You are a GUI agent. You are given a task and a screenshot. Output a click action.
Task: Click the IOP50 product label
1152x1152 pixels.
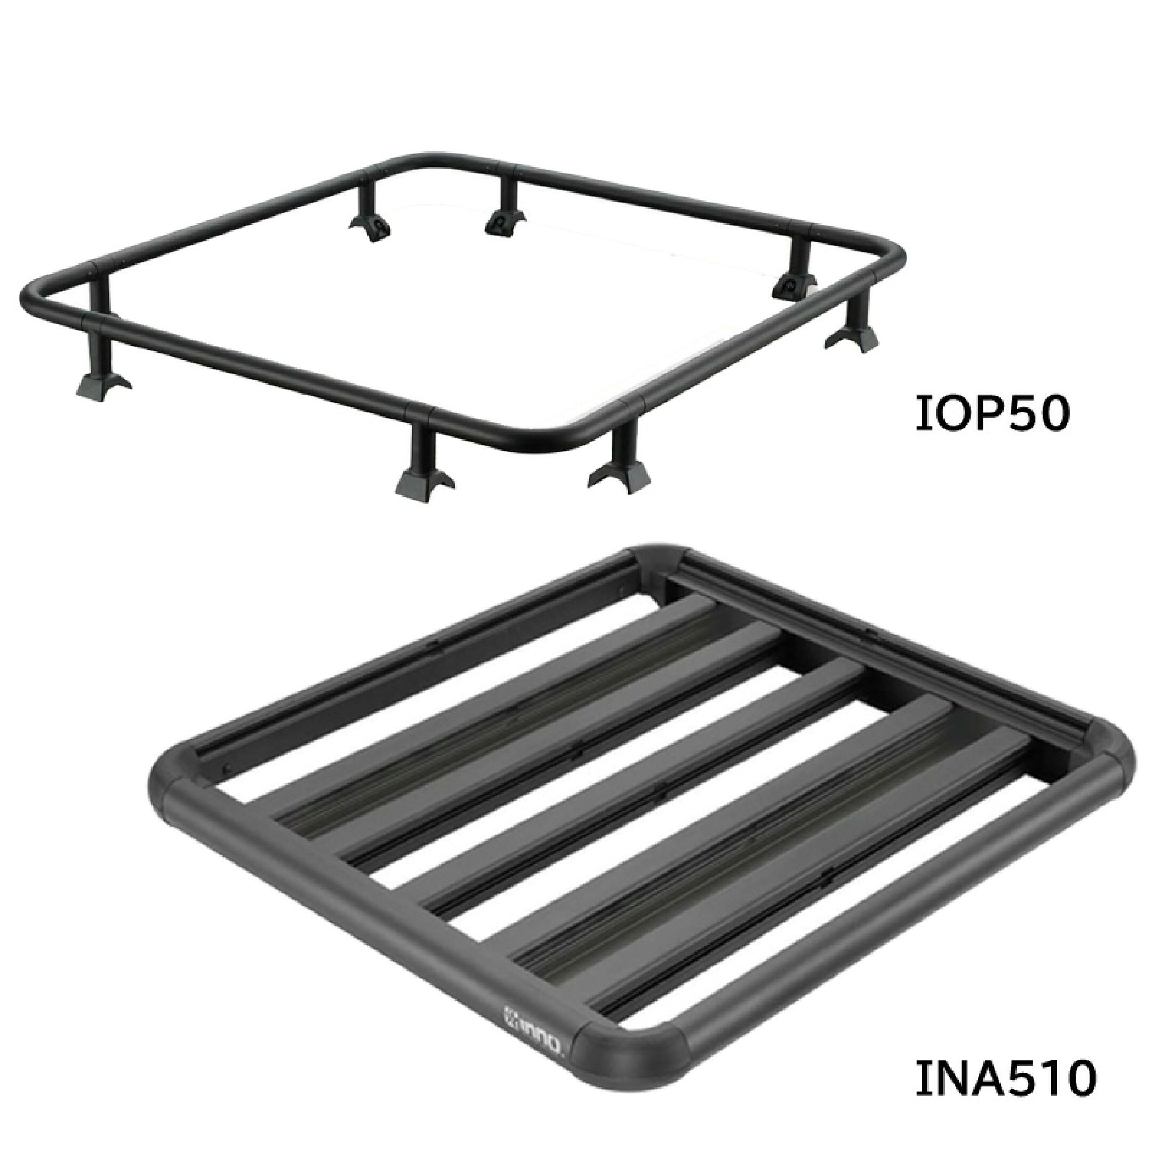tap(990, 415)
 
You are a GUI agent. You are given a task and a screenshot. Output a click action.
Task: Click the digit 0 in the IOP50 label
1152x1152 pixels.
tap(1048, 415)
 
